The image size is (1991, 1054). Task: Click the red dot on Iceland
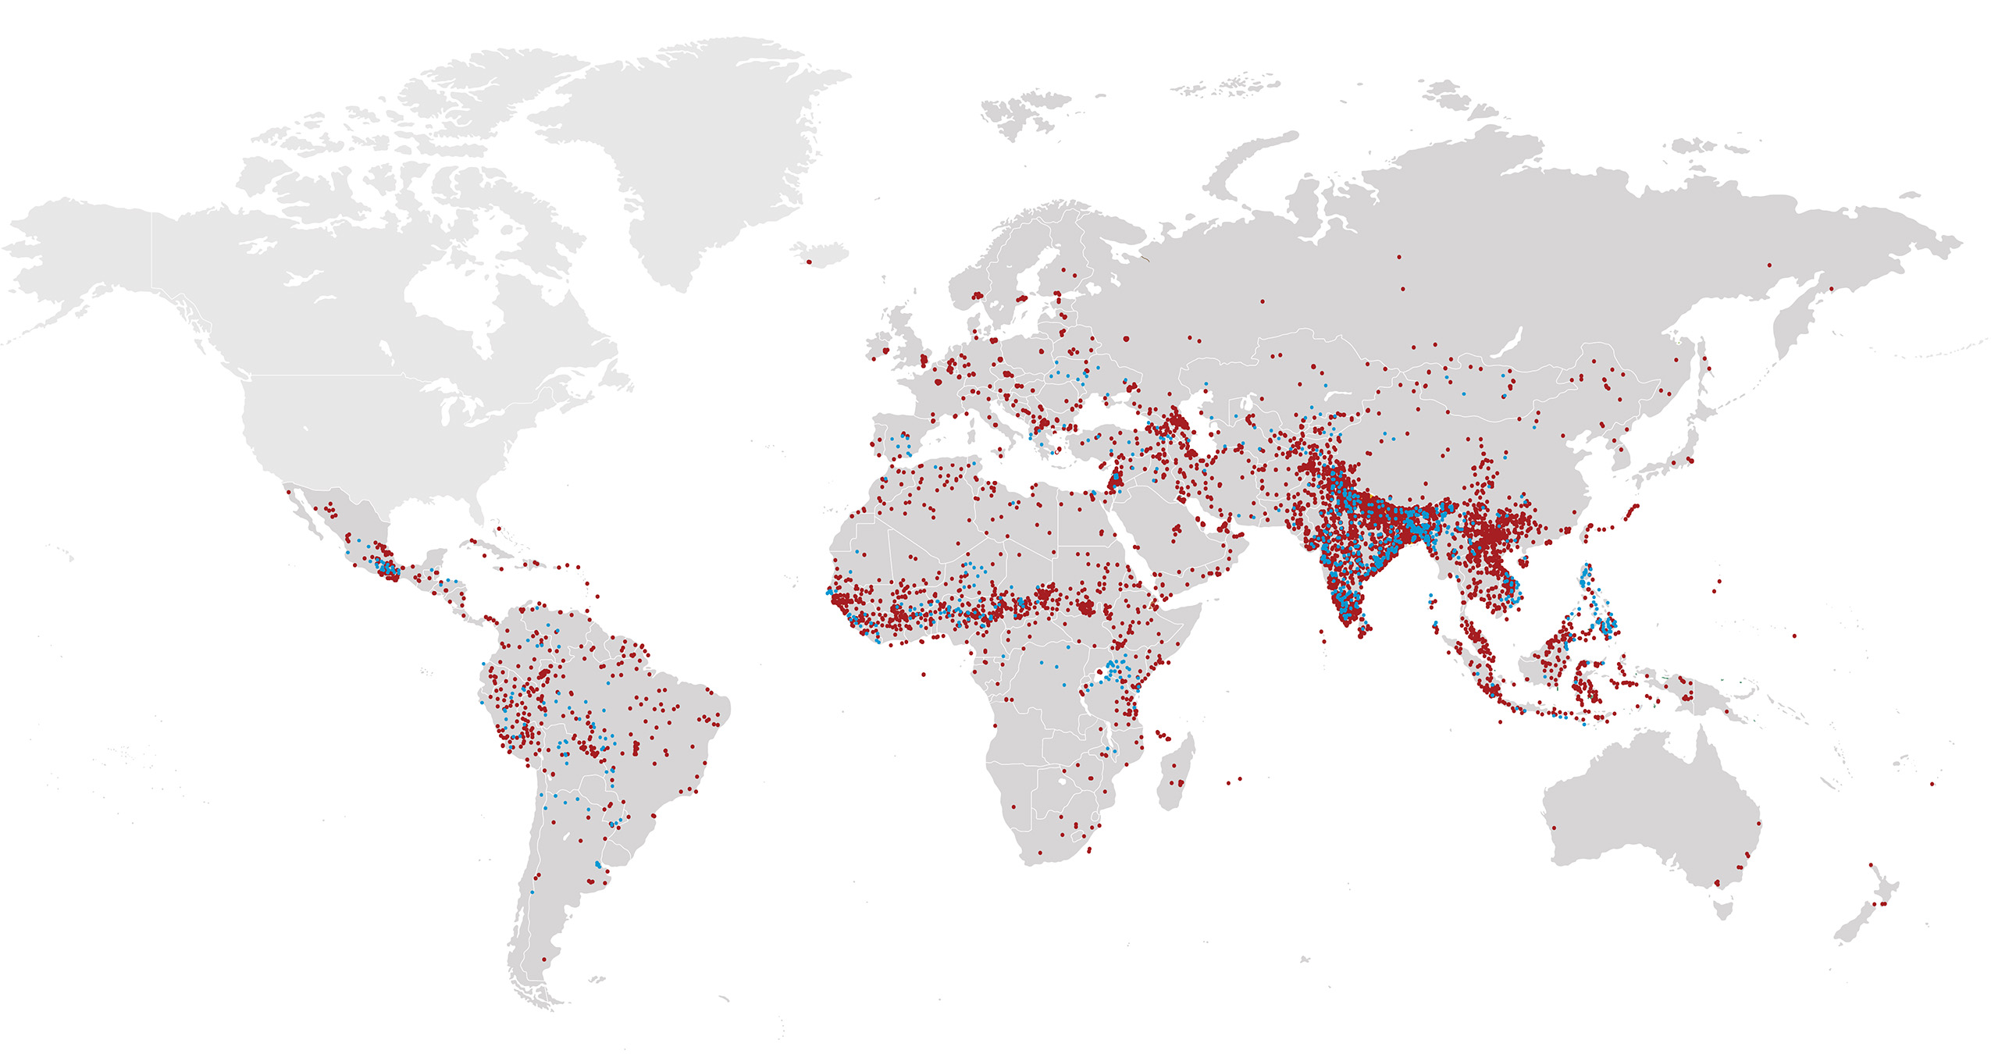pos(809,262)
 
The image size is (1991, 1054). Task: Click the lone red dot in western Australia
pos(1554,828)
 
